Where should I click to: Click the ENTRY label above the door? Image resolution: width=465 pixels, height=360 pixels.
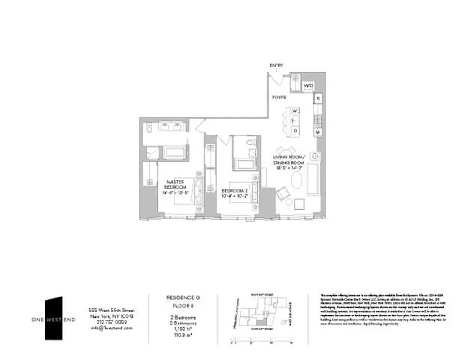point(276,66)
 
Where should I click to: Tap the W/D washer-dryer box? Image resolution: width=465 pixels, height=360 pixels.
point(309,85)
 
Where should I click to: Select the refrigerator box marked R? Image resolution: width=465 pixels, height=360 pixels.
point(317,98)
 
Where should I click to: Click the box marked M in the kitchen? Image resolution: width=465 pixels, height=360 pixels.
point(317,132)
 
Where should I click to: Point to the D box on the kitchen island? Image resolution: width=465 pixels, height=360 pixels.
point(295,130)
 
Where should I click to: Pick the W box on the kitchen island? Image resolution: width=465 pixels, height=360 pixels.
point(295,111)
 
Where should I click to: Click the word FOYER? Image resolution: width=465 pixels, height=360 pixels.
point(279,97)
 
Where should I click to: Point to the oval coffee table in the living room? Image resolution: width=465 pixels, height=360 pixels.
point(298,181)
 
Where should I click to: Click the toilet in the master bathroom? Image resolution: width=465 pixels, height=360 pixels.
point(149,129)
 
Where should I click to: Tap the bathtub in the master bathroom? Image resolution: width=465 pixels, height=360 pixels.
point(174,153)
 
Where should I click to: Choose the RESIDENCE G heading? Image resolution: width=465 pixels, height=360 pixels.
point(183,297)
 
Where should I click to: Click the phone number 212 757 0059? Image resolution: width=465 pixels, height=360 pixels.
point(111,322)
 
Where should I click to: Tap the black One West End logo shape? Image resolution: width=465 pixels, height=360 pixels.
point(54,317)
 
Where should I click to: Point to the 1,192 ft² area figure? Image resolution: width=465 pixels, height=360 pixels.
point(183,329)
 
